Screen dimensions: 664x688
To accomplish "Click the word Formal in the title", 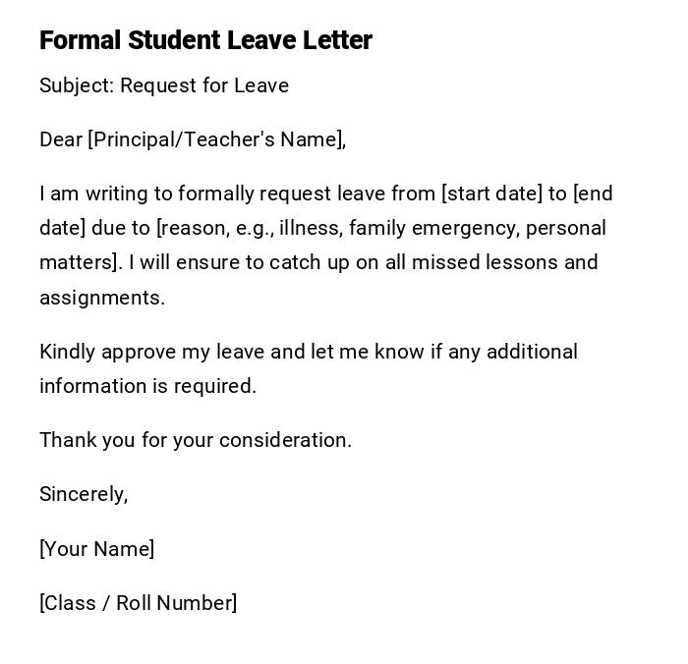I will tap(81, 40).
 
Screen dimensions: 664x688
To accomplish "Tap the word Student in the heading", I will tap(174, 40).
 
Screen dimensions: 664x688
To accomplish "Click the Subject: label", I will tap(77, 85).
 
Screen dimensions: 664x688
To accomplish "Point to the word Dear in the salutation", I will tap(61, 139).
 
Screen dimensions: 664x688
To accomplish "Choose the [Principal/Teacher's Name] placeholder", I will tap(215, 139).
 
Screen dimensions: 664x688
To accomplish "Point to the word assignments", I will tap(101, 298).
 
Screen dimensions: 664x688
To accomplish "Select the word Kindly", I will tap(67, 352).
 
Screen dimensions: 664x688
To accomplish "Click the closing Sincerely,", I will tap(84, 494).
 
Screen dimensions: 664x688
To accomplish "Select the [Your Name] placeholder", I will tap(96, 549).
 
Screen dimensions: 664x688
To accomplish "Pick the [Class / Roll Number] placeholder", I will tap(138, 603).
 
